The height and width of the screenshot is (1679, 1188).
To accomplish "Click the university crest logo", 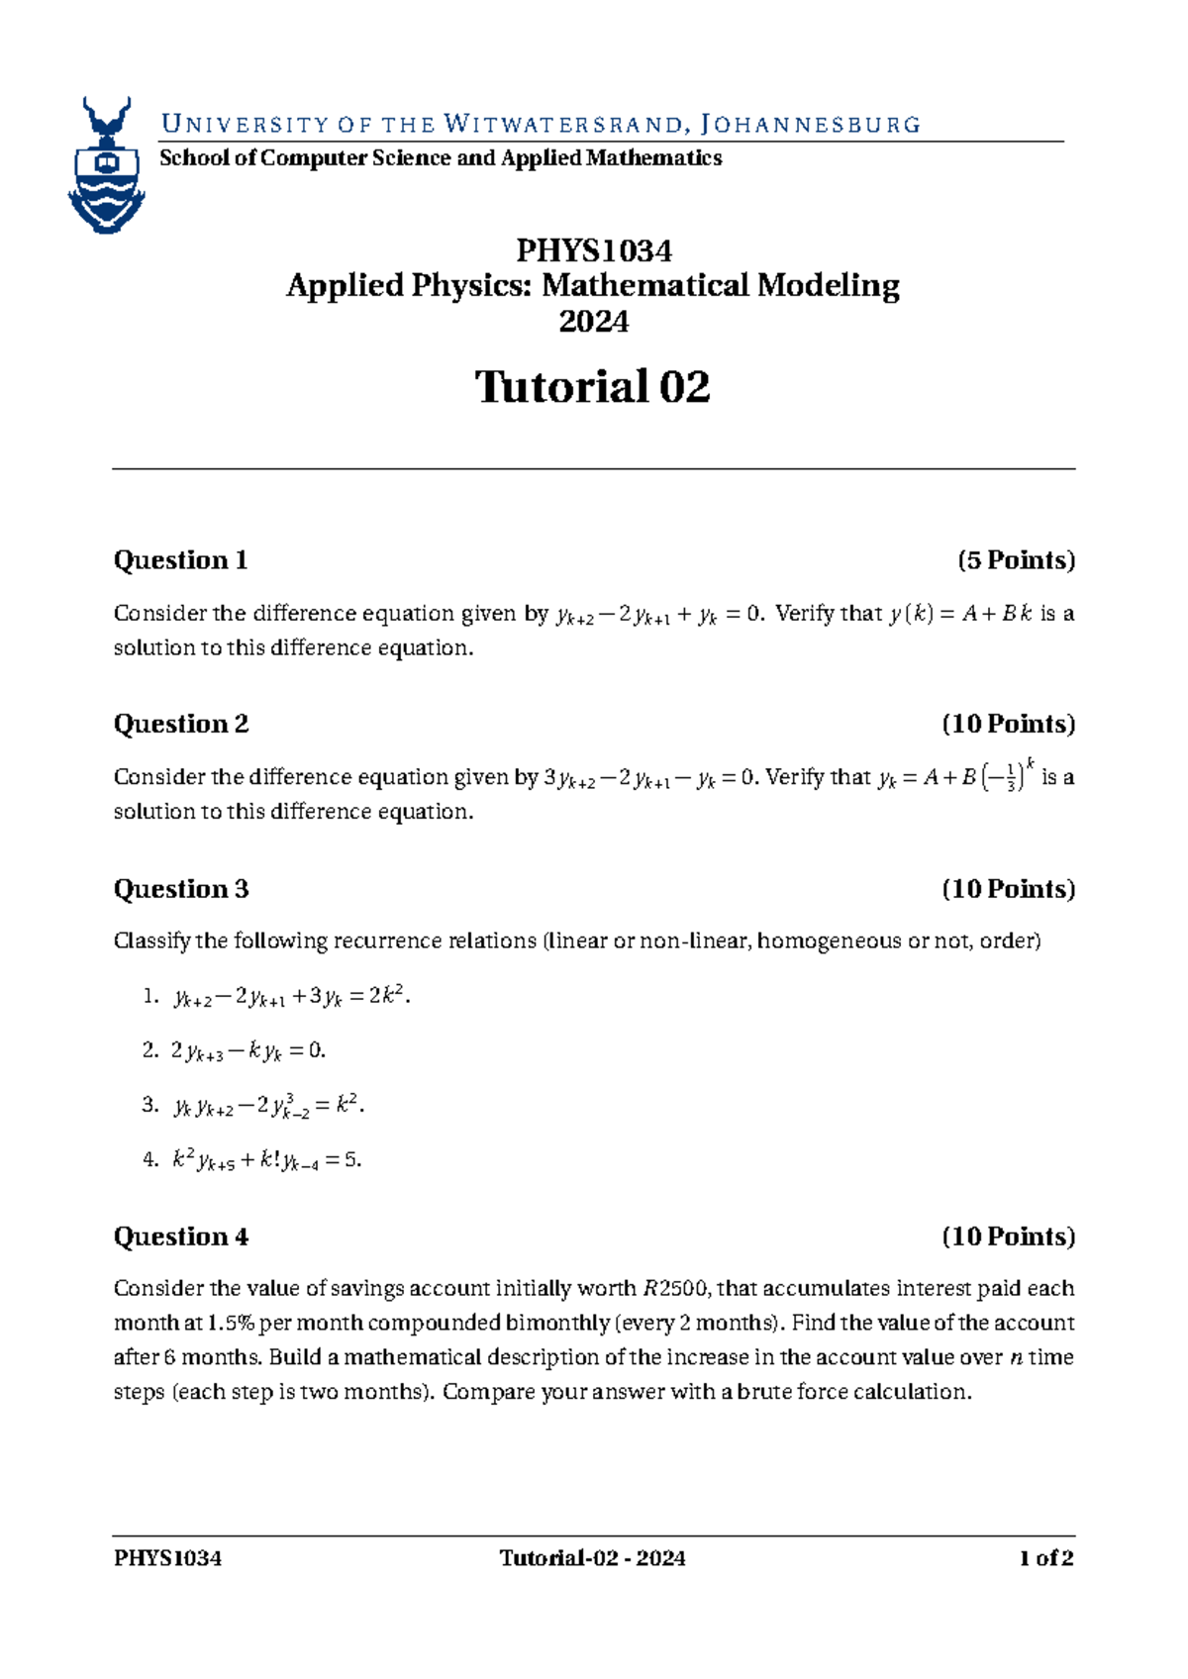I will point(106,166).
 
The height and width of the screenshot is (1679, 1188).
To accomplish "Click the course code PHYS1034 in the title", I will point(593,250).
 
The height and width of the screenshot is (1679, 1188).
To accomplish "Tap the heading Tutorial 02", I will point(593,387).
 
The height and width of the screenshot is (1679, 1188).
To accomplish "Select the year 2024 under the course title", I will point(593,322).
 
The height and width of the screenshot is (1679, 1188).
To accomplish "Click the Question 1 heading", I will point(180,560).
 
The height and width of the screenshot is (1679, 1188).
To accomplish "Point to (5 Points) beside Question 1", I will point(1015,560).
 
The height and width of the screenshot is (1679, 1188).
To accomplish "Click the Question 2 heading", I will point(180,725).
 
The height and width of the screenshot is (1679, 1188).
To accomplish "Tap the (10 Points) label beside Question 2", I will point(1008,725).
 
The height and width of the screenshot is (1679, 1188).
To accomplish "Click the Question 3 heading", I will point(180,889).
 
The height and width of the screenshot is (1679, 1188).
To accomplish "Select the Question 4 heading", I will point(180,1236).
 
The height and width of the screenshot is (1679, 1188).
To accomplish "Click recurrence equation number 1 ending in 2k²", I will point(291,997).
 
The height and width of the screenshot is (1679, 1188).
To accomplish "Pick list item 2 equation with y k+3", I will point(248,1051).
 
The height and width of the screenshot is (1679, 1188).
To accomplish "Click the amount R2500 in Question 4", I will point(675,1289).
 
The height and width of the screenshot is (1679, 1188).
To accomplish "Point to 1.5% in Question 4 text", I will point(232,1324).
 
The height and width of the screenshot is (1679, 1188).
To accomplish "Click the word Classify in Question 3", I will point(151,941).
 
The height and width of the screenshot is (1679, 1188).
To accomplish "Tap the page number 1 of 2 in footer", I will point(1045,1559).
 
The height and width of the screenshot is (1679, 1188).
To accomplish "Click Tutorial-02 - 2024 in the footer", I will point(592,1559).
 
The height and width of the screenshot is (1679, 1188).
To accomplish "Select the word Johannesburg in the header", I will point(810,125).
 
